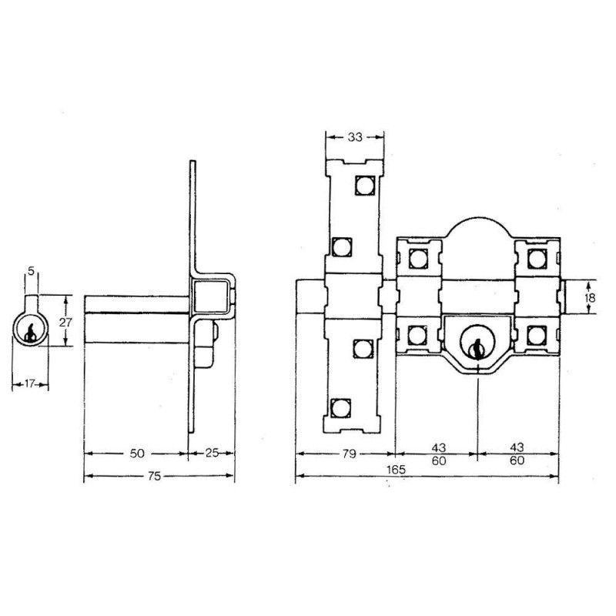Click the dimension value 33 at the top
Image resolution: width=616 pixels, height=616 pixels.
[x=355, y=137]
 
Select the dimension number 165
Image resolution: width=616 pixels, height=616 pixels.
[x=396, y=470]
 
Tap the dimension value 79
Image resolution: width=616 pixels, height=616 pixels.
[x=349, y=454]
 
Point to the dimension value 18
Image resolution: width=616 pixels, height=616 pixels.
[x=590, y=297]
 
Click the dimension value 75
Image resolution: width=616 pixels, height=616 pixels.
[x=155, y=476]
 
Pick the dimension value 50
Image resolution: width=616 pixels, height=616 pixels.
[x=137, y=454]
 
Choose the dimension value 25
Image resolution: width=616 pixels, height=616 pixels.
[x=212, y=453]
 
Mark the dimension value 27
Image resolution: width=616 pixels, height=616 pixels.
[x=65, y=322]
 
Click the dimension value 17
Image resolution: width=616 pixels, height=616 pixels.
[x=30, y=383]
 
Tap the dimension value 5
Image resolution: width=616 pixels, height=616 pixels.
[x=32, y=271]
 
